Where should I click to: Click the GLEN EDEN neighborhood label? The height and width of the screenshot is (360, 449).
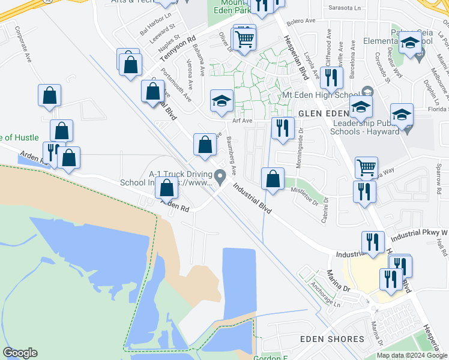323,113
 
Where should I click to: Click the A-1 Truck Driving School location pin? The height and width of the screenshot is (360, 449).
220,176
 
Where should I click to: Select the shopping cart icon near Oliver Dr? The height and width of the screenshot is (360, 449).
244,40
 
